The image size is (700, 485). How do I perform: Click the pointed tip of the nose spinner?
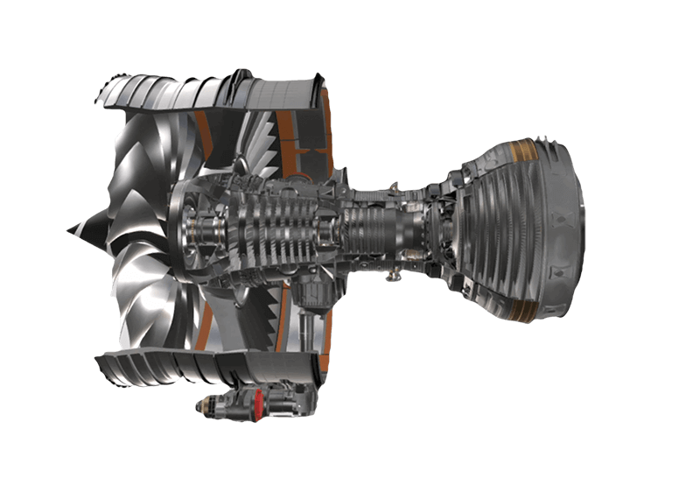click(x=69, y=230)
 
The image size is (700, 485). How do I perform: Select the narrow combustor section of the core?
click(x=367, y=229)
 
